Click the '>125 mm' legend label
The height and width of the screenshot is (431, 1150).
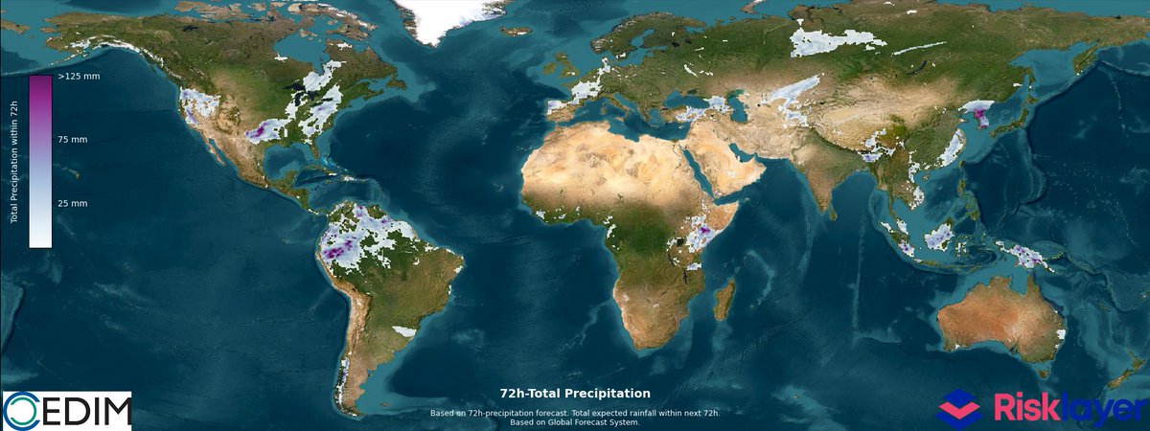[x=79, y=76]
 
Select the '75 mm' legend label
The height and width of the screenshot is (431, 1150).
[x=72, y=140]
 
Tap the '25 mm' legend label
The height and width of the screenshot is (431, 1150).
[x=72, y=204]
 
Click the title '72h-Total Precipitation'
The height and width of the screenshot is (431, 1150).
[x=575, y=394]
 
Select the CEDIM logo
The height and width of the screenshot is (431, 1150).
[x=66, y=411]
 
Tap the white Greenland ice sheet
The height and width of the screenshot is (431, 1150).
[x=442, y=17]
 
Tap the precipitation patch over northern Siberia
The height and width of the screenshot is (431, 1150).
[x=834, y=40]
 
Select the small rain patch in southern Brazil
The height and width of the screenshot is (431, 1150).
[x=404, y=330]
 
